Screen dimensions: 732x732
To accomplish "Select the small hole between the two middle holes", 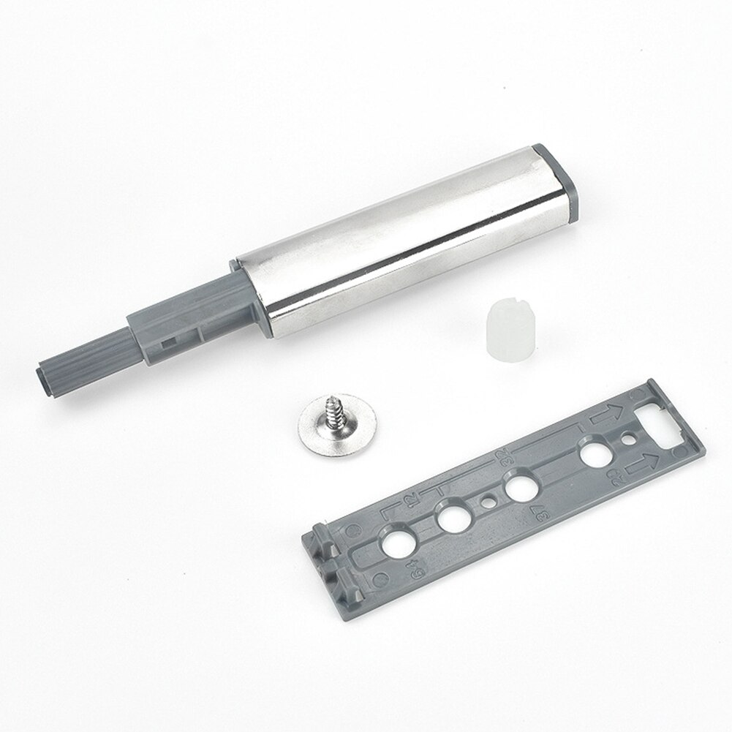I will [487, 502].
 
